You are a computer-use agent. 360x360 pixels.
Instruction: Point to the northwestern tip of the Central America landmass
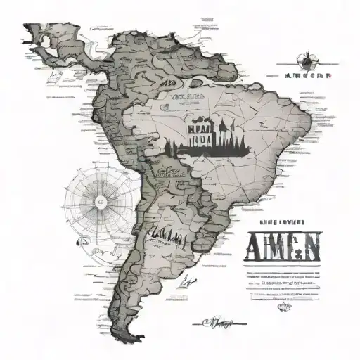tap(27, 27)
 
